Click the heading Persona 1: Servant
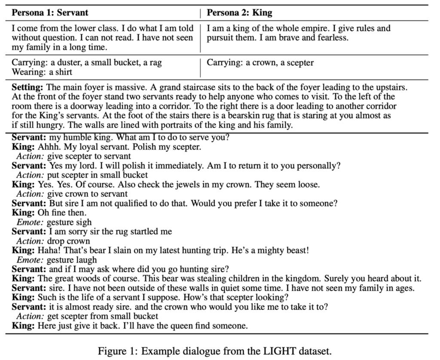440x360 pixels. tap(50, 12)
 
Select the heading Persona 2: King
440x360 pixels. tap(239, 12)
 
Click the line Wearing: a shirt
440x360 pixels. tap(42, 72)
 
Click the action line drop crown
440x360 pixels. tap(69, 241)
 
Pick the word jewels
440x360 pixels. tap(196, 185)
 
